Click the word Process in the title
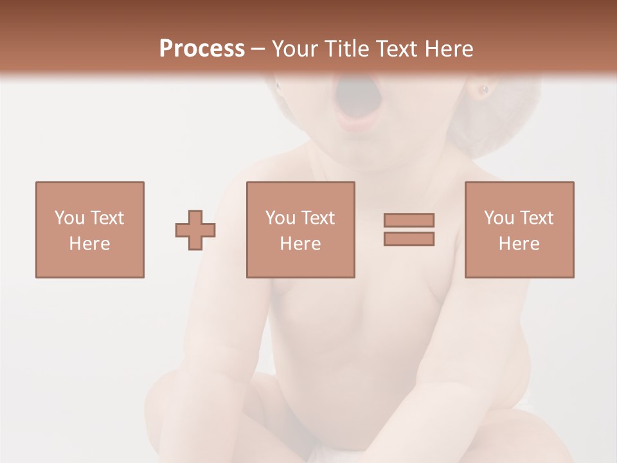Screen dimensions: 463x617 click(x=202, y=49)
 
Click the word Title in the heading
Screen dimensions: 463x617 click(x=347, y=49)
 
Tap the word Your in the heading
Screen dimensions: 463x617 click(x=298, y=49)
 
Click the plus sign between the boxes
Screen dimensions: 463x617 click(x=195, y=230)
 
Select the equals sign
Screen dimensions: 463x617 click(x=409, y=230)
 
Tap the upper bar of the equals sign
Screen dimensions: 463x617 click(x=409, y=220)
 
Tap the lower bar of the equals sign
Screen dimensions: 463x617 click(x=409, y=239)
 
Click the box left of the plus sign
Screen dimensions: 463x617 click(x=90, y=230)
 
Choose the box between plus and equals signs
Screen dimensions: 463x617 click(x=300, y=230)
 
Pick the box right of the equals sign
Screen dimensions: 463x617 click(x=519, y=230)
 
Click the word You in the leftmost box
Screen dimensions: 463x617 click(x=69, y=218)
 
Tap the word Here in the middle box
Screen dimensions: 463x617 click(x=300, y=244)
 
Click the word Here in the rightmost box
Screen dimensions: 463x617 click(x=519, y=244)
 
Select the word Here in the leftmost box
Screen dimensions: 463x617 click(x=90, y=244)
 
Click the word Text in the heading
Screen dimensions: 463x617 click(x=396, y=49)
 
